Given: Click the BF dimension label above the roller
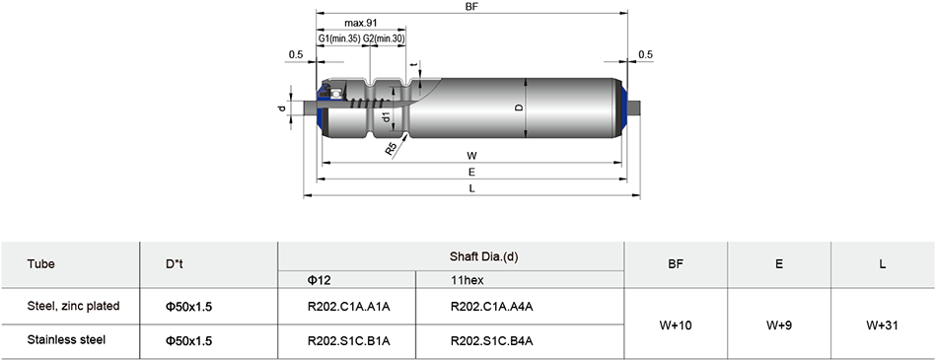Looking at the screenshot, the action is tap(472, 6).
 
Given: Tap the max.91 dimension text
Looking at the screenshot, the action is tap(360, 23).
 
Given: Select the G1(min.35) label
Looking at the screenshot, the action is tap(339, 38).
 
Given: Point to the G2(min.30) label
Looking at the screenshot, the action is tap(385, 38).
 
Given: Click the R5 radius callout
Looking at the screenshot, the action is tap(392, 149).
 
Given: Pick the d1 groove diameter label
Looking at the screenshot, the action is tap(386, 116).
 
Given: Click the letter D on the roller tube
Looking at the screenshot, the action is tap(519, 108).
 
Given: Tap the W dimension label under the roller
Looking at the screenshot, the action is tap(471, 156).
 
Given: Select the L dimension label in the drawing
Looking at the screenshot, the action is tap(472, 188).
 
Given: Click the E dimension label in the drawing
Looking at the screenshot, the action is tap(472, 173).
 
